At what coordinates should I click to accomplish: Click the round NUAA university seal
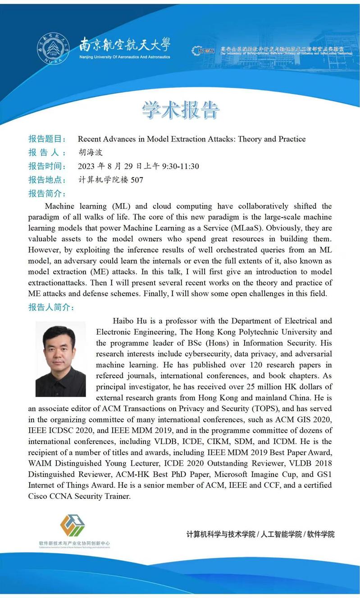click(x=53, y=49)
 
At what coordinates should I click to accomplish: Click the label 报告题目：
click(x=47, y=139)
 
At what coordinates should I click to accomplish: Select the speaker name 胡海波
click(x=91, y=153)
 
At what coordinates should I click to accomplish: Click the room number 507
click(x=137, y=180)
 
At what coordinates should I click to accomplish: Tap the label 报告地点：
click(x=47, y=180)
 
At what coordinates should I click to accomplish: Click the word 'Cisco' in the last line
click(x=39, y=496)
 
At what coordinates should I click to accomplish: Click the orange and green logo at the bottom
click(x=73, y=526)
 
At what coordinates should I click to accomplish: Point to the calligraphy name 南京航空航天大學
click(x=125, y=45)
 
